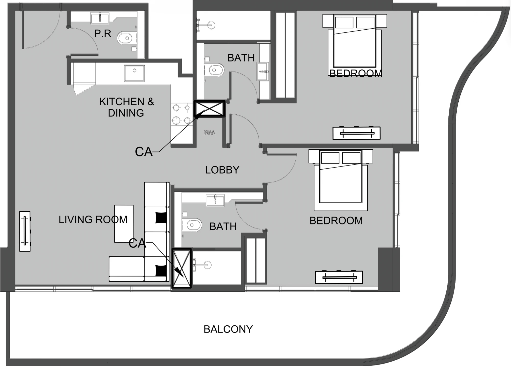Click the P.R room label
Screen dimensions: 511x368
[x=103, y=33]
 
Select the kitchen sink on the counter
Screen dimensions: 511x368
[x=134, y=73]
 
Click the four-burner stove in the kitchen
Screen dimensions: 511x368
[x=182, y=114]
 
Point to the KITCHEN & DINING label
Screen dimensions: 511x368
[x=126, y=107]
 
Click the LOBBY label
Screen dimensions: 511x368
[x=222, y=170]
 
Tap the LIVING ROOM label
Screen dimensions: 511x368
[x=93, y=220]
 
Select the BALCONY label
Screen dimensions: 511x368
[x=228, y=329]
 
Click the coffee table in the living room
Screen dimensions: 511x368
[x=124, y=223]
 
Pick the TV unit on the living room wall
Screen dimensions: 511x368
[x=25, y=231]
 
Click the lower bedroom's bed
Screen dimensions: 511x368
[x=341, y=180]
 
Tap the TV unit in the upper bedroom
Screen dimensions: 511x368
[x=356, y=133]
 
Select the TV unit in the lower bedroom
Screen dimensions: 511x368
[x=339, y=277]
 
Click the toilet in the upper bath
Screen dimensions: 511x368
[x=214, y=70]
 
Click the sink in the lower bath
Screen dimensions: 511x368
[x=215, y=200]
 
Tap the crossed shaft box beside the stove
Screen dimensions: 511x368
[x=210, y=109]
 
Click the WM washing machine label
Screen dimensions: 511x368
[x=209, y=133]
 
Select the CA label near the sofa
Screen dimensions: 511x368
[x=137, y=243]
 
